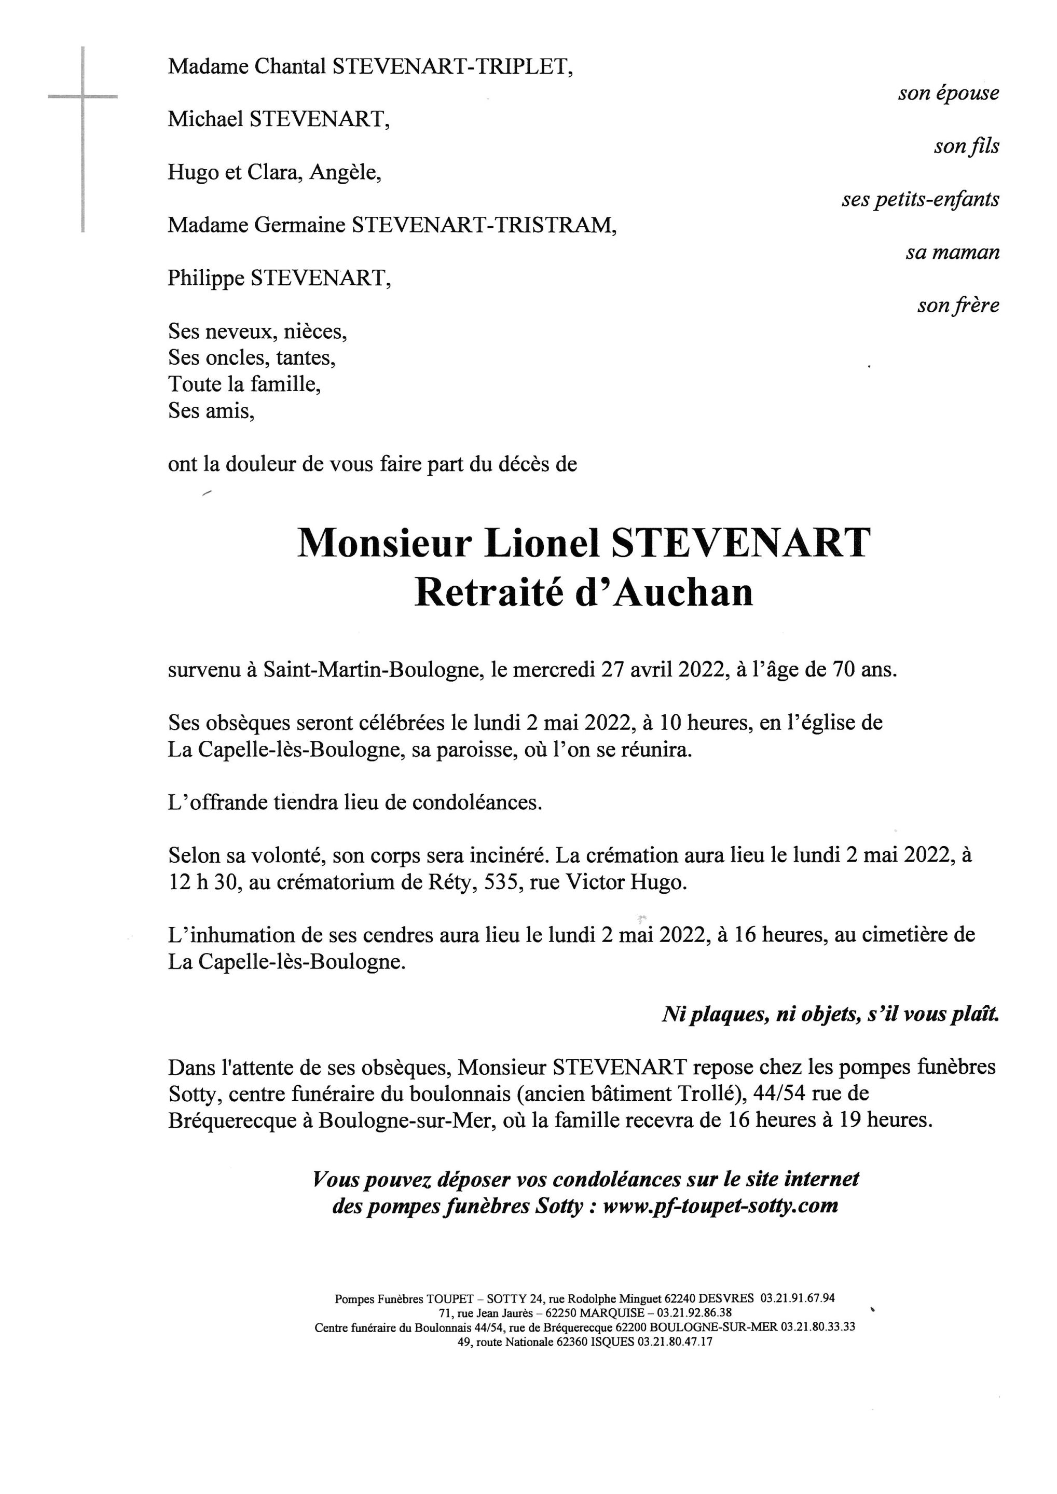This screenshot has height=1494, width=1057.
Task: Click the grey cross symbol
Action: point(83,98)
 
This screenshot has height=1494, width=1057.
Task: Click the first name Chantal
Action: point(289,66)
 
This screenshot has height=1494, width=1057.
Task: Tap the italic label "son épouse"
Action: point(949,93)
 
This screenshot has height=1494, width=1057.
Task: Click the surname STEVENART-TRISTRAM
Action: point(484,225)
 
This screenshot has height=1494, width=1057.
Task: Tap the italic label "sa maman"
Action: point(952,253)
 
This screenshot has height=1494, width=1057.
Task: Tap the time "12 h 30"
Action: point(198,883)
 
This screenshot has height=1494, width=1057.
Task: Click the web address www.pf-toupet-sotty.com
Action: point(721,1206)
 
